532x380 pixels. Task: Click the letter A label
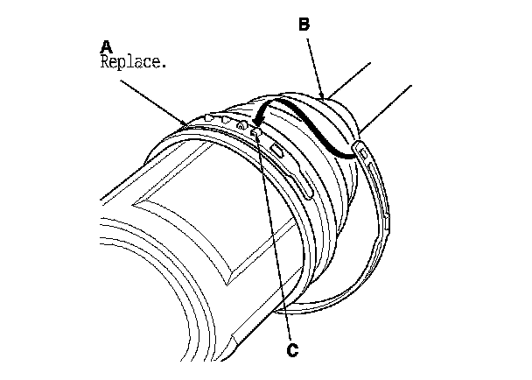click(106, 46)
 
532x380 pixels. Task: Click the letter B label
click(304, 25)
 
